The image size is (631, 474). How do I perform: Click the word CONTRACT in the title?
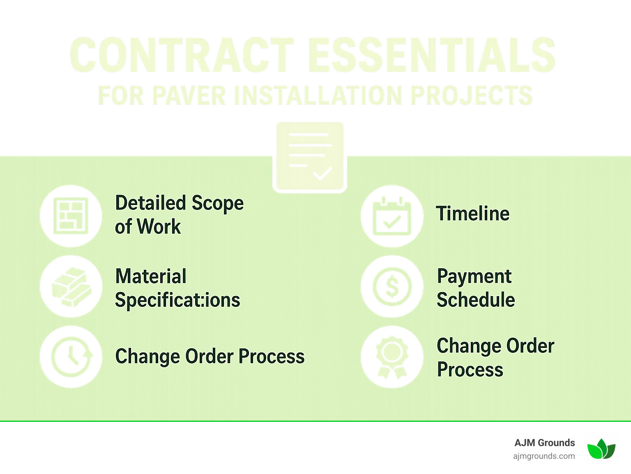point(182,55)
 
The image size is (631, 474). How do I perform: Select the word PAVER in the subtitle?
point(189,96)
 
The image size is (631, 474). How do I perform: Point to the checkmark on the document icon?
point(322,173)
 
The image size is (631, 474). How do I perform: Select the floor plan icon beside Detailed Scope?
point(71,216)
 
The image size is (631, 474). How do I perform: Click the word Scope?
point(218,203)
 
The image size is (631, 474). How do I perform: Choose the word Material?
point(151,276)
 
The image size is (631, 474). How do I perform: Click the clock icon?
point(71,357)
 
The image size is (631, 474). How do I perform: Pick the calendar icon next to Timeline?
point(392,216)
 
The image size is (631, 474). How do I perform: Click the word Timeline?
point(472,214)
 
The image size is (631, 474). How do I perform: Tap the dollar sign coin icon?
point(392,286)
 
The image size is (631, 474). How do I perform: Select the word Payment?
point(474,276)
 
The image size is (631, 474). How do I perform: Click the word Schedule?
point(476,299)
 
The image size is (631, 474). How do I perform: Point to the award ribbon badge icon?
point(392,357)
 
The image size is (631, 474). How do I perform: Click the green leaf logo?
point(601,449)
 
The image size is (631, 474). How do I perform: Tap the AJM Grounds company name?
point(544,443)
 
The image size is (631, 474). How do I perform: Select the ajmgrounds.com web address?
point(544,456)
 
